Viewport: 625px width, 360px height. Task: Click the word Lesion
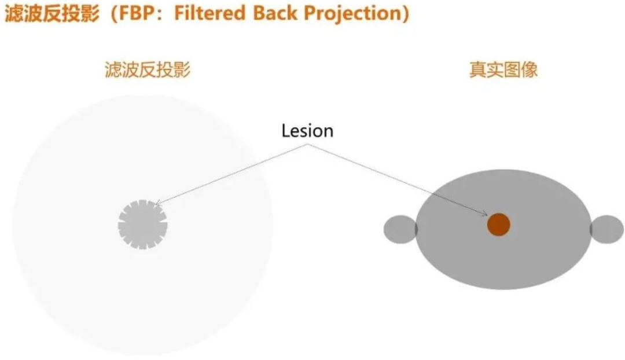click(307, 131)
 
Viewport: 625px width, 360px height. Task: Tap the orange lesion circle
click(499, 225)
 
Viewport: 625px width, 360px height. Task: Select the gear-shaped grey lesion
click(143, 225)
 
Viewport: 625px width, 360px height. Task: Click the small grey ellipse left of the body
click(400, 229)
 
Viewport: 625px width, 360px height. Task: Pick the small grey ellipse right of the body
click(606, 229)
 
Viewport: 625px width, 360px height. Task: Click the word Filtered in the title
click(209, 13)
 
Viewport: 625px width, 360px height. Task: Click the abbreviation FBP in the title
click(137, 13)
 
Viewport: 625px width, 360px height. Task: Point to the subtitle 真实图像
click(503, 70)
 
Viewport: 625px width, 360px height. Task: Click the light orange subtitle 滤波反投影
click(148, 70)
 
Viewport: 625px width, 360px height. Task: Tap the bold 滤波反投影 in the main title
click(52, 13)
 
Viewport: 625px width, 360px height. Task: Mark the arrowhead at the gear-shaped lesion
click(157, 203)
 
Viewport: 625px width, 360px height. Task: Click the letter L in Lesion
click(286, 131)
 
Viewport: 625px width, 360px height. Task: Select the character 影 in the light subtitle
click(182, 70)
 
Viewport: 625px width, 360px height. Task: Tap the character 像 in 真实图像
click(530, 70)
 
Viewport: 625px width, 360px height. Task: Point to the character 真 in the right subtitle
click(477, 70)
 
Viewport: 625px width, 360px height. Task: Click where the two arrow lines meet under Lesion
click(308, 144)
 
